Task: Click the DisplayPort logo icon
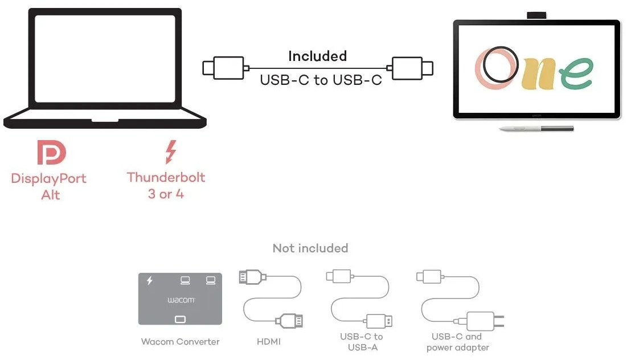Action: click(51, 152)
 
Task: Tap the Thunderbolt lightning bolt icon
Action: click(171, 152)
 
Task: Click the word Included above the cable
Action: click(318, 56)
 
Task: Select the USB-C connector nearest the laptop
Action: click(226, 68)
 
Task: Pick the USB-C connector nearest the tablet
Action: click(410, 68)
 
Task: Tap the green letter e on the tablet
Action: click(577, 73)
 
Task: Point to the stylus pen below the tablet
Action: click(536, 129)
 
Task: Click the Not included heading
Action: click(310, 248)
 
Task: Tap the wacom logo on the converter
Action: click(181, 300)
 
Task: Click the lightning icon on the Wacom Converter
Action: click(150, 280)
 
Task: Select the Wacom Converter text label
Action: click(180, 341)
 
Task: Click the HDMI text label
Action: click(268, 341)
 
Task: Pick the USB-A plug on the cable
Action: click(379, 321)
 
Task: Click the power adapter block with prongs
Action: click(485, 321)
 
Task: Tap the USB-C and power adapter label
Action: click(458, 342)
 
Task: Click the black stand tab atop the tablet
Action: click(536, 15)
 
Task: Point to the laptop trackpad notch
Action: click(105, 120)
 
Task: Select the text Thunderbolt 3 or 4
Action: click(166, 186)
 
